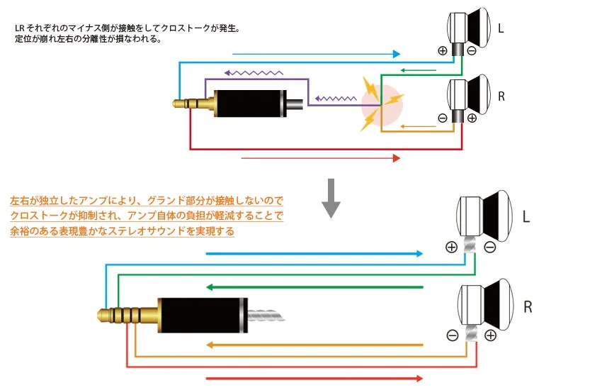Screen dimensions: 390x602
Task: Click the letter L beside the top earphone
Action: pyautogui.click(x=501, y=29)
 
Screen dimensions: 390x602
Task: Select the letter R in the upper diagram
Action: pyautogui.click(x=501, y=97)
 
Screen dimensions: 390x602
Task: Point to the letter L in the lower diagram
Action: pyautogui.click(x=525, y=215)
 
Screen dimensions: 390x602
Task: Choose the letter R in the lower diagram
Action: pyautogui.click(x=527, y=308)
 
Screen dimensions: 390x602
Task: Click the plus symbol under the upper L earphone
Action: pyautogui.click(x=443, y=50)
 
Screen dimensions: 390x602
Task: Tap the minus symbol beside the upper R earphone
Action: pyautogui.click(x=443, y=118)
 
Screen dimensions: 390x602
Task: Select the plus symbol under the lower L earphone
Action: pyautogui.click(x=451, y=247)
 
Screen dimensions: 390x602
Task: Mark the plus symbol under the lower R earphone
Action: pyautogui.click(x=489, y=335)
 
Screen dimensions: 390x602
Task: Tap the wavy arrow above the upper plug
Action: pyautogui.click(x=253, y=72)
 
